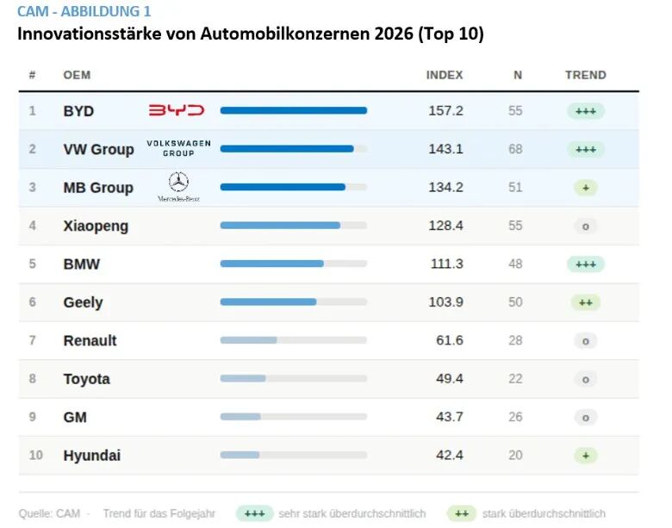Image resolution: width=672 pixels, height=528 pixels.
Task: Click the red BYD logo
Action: pyautogui.click(x=177, y=110)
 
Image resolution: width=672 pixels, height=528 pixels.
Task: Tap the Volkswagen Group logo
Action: pyautogui.click(x=178, y=148)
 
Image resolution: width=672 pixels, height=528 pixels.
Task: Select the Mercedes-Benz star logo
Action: pyautogui.click(x=178, y=183)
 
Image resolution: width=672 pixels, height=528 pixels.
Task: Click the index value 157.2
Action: pyautogui.click(x=445, y=111)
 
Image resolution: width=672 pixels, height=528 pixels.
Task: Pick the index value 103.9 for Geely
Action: pyautogui.click(x=445, y=302)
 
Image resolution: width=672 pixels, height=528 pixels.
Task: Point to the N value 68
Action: pyautogui.click(x=515, y=149)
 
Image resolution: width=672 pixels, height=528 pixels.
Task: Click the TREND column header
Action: pyautogui.click(x=585, y=75)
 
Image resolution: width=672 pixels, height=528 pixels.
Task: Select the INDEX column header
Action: pyautogui.click(x=445, y=75)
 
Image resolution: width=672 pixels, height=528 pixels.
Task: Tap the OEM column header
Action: pyautogui.click(x=77, y=75)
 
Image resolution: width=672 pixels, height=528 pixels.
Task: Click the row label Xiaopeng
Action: pyautogui.click(x=96, y=226)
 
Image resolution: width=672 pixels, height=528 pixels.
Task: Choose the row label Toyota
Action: pyautogui.click(x=86, y=379)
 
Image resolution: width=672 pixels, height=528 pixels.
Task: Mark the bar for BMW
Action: pyautogui.click(x=271, y=264)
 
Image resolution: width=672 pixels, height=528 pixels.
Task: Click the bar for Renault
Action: pyautogui.click(x=248, y=340)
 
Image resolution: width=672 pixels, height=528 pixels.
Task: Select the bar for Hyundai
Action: pyautogui.click(x=240, y=455)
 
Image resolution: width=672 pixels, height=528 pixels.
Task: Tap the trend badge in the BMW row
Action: pyautogui.click(x=586, y=264)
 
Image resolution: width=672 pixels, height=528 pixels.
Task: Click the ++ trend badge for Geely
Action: pyautogui.click(x=585, y=302)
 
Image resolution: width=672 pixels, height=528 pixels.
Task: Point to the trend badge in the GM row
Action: pyautogui.click(x=585, y=417)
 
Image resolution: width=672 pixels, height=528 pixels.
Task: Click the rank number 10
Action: pyautogui.click(x=35, y=455)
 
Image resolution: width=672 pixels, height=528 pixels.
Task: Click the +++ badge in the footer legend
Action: pyautogui.click(x=254, y=513)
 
